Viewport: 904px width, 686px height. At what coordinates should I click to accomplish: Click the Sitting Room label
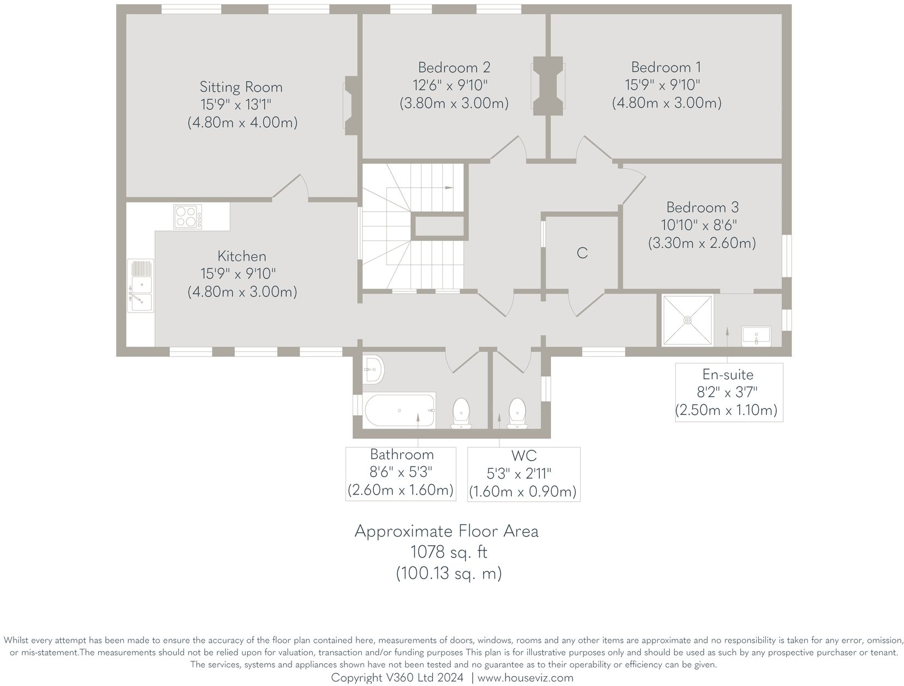click(241, 87)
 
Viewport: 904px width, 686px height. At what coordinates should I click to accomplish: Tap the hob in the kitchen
click(187, 217)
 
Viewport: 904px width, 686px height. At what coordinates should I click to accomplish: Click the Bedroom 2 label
click(454, 68)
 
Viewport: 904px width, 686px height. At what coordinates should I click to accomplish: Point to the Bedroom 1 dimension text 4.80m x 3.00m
click(666, 103)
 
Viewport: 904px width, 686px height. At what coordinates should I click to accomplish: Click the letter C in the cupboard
click(582, 253)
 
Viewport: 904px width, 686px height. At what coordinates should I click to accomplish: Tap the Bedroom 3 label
click(702, 207)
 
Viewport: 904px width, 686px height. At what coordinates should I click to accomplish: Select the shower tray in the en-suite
click(687, 320)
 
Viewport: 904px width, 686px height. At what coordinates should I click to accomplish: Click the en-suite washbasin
click(756, 335)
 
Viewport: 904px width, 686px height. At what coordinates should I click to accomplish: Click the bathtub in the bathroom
click(400, 410)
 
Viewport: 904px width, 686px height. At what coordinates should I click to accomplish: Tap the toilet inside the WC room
click(516, 413)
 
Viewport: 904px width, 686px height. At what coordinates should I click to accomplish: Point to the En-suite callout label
click(728, 375)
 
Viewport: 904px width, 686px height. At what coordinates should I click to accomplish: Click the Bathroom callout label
click(401, 455)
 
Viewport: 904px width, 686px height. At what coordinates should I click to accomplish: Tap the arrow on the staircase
click(449, 188)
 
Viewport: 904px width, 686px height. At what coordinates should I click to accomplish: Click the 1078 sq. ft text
click(448, 552)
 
